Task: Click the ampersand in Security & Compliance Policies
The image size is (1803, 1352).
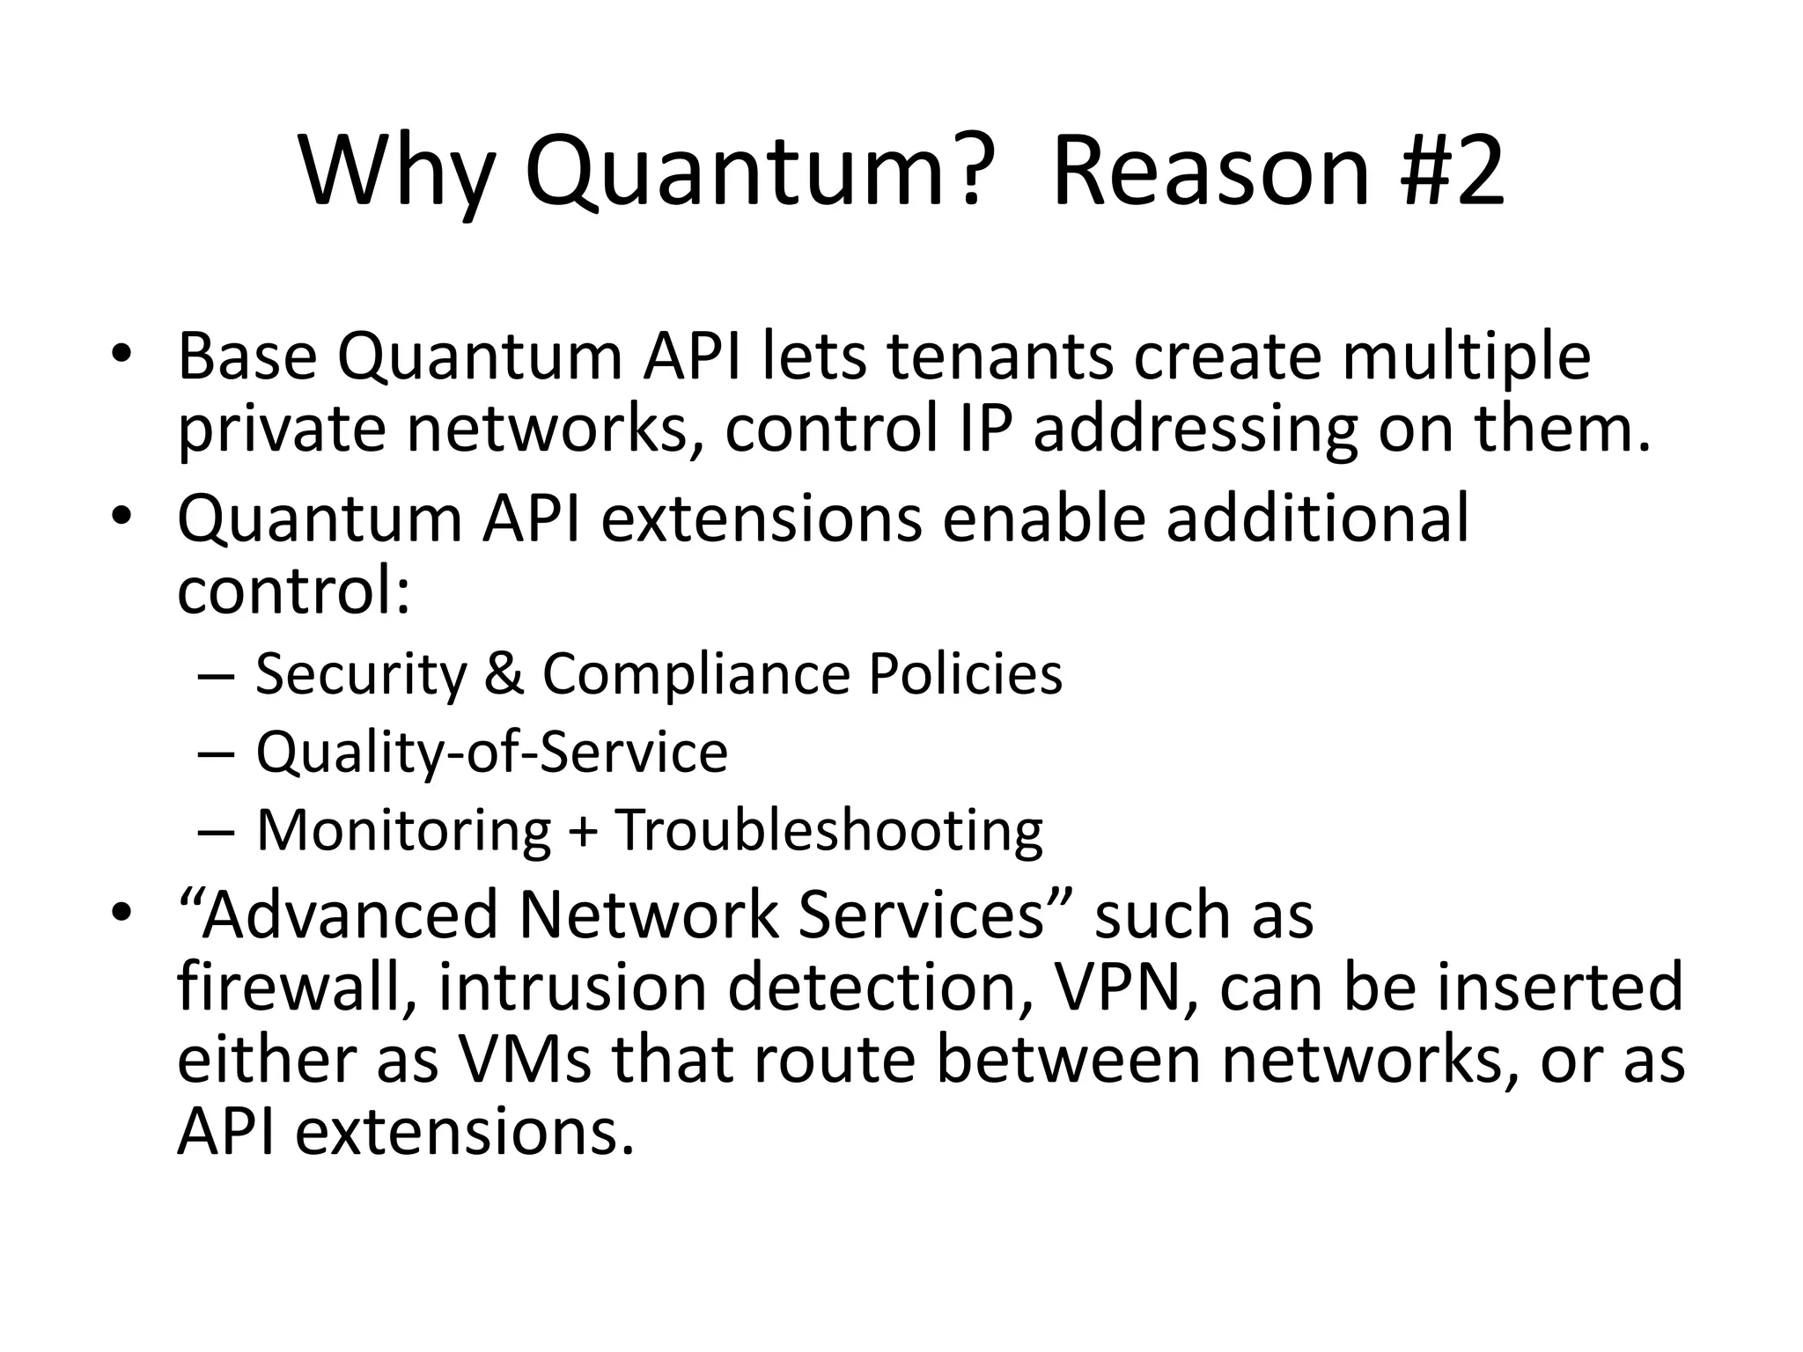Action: click(x=504, y=674)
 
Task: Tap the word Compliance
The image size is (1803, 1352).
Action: click(x=695, y=674)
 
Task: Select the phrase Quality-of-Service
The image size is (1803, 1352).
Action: click(x=491, y=753)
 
